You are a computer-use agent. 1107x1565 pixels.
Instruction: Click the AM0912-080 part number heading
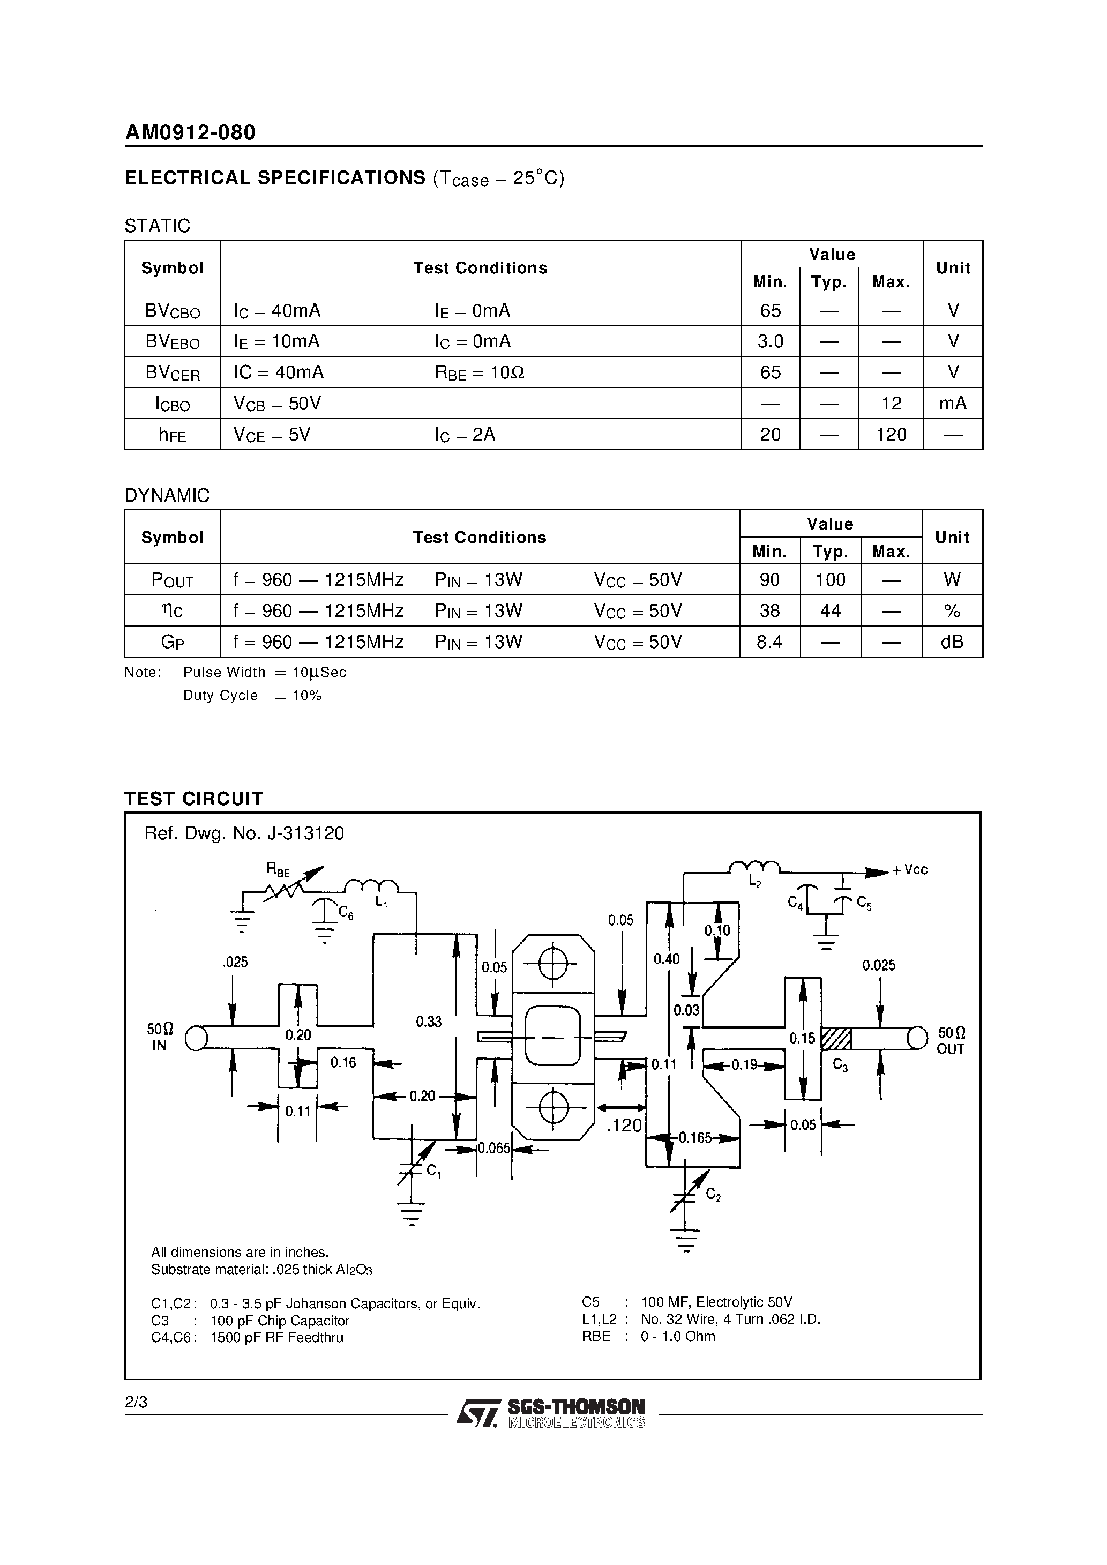coord(190,132)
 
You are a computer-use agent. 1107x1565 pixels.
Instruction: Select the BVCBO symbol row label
coord(173,311)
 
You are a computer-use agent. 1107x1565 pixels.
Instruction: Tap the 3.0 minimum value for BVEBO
coord(771,341)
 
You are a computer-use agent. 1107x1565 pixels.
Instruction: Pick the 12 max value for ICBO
coord(891,404)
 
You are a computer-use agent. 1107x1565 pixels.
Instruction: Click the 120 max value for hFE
coord(891,435)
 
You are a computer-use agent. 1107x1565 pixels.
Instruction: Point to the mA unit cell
coord(952,404)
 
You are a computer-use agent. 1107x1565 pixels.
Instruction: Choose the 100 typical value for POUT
coord(831,580)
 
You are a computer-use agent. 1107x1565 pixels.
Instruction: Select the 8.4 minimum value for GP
coord(769,642)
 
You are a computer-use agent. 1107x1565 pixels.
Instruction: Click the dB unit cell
coord(952,642)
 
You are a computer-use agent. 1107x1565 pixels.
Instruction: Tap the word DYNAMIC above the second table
coord(167,496)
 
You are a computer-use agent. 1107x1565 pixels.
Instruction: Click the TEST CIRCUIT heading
coord(193,799)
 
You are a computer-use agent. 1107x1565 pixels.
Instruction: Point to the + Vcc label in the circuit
coord(910,870)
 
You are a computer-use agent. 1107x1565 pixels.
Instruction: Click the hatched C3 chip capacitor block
coord(836,1038)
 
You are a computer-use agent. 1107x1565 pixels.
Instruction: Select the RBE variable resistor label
coord(278,869)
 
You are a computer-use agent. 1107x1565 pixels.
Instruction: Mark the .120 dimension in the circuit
coord(624,1126)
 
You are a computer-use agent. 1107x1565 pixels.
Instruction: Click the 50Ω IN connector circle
coord(196,1038)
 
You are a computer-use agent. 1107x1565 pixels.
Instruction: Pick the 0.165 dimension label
coord(694,1138)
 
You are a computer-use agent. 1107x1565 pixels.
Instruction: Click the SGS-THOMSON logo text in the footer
coord(575,1407)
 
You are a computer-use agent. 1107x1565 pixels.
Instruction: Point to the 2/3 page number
coord(136,1402)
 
